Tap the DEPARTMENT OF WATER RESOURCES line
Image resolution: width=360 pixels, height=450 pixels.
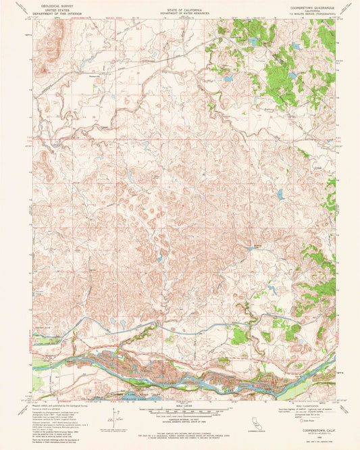[x=180, y=14]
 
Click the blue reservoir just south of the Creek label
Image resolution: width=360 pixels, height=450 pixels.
[x=280, y=195]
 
